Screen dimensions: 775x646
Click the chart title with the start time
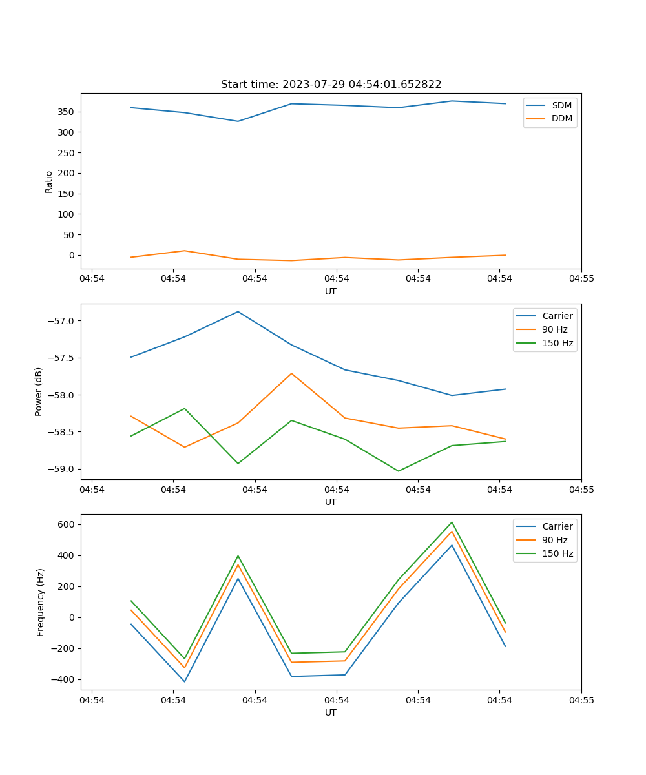[331, 85]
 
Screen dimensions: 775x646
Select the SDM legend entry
[561, 105]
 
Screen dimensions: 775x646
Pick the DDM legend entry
[561, 118]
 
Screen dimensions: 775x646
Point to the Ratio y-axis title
[49, 181]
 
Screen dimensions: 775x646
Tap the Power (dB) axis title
[39, 391]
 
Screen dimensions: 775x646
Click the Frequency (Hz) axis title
[41, 602]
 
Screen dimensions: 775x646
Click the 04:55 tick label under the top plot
[581, 279]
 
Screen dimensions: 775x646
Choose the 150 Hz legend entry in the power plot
[557, 343]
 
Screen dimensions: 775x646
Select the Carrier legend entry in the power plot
[557, 316]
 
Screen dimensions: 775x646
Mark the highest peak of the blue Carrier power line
[238, 311]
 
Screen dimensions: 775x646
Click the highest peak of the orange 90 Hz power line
[291, 373]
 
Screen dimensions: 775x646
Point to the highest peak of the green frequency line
[452, 522]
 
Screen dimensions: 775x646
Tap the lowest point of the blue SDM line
[238, 121]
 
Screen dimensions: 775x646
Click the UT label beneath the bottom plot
[331, 712]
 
